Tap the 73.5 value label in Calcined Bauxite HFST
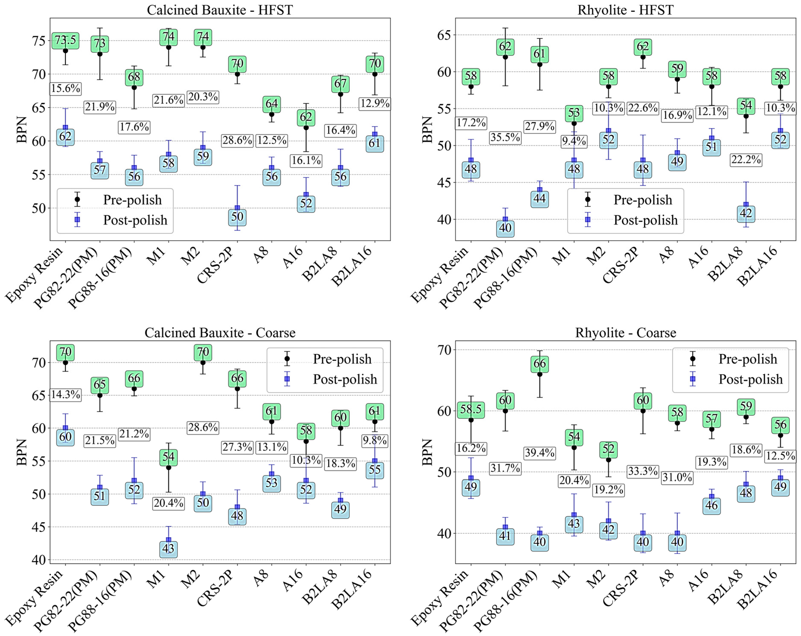(x=65, y=40)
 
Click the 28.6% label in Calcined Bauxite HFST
(x=237, y=140)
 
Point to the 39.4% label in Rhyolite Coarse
(x=539, y=453)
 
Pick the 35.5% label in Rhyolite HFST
(x=505, y=137)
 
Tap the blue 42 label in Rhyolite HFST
(x=746, y=213)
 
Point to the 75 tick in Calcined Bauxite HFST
(x=39, y=40)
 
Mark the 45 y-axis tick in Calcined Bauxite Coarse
(x=39, y=527)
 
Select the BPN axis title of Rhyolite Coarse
(x=427, y=452)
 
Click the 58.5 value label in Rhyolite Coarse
(x=471, y=409)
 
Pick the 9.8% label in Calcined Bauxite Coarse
(x=375, y=441)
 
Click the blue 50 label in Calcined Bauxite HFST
(x=237, y=217)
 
